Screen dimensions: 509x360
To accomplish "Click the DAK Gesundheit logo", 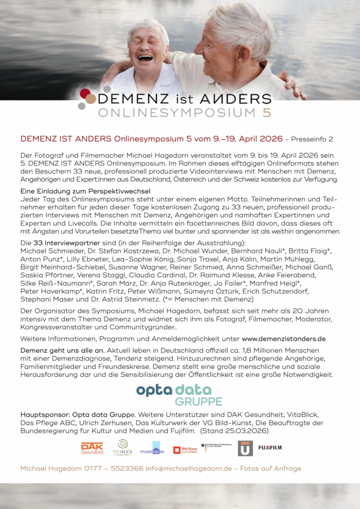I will click(92, 448).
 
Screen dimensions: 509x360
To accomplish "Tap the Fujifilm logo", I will click(270, 448).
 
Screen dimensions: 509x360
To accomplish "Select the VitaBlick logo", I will click(122, 447).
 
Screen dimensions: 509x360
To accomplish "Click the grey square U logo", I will click(245, 448).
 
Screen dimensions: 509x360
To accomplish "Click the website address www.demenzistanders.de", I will click(283, 339).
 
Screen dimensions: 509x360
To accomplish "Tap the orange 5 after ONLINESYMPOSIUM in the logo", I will click(266, 113).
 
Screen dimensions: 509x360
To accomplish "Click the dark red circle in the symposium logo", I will click(85, 93).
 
